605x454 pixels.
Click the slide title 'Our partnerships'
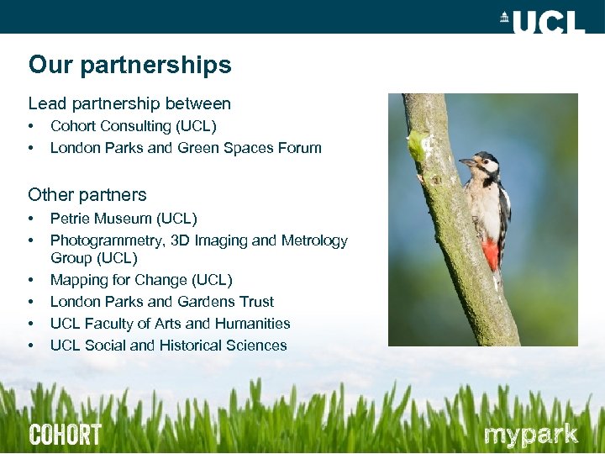click(x=129, y=65)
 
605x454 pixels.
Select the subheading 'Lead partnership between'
click(x=129, y=104)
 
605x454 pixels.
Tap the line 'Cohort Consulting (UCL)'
click(x=133, y=126)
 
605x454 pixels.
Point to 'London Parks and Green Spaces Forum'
click(x=186, y=148)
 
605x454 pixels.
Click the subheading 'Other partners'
click(x=87, y=195)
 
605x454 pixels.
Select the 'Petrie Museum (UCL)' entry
click(x=124, y=219)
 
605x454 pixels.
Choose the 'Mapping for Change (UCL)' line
click(x=141, y=280)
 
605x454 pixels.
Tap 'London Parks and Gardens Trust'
click(x=162, y=302)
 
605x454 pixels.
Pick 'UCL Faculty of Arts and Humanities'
click(x=170, y=324)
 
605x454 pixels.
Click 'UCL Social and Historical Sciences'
click(x=168, y=346)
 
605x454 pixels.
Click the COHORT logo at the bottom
click(x=65, y=435)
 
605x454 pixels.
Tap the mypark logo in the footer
click(x=530, y=435)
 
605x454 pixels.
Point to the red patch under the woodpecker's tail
click(x=491, y=252)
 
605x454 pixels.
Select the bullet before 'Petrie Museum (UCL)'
click(x=31, y=219)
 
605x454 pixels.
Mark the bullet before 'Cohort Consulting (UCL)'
click(x=31, y=126)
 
